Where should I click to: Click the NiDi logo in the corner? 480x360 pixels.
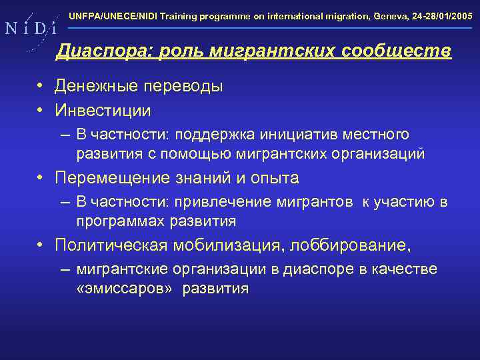[x=29, y=28]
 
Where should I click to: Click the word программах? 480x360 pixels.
[x=120, y=221]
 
